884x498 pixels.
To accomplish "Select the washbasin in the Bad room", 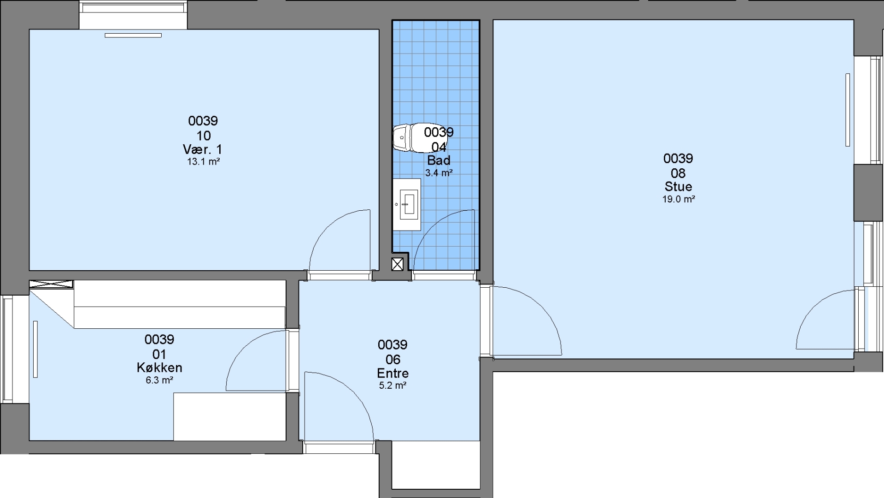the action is click(407, 204).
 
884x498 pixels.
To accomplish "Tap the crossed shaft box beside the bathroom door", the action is click(398, 264).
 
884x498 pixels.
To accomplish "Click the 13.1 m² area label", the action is click(203, 162).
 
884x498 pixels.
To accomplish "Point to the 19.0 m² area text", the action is click(679, 200).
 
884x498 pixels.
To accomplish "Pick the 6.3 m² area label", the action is click(159, 380).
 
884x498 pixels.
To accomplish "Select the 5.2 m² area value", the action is click(392, 385).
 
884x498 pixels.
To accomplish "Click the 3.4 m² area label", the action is click(439, 173).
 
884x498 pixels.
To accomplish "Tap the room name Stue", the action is click(678, 187).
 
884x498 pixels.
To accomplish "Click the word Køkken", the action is click(159, 368).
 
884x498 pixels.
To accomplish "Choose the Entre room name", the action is click(392, 373).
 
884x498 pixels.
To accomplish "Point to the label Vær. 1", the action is click(203, 149).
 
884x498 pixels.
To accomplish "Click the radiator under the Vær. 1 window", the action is click(133, 35).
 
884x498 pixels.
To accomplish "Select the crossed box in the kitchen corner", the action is click(51, 285).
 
